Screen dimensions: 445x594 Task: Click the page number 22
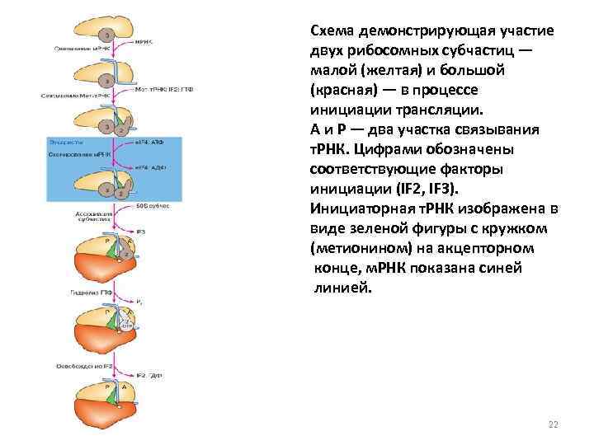click(x=553, y=424)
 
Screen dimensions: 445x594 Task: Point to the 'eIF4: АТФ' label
click(x=149, y=143)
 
